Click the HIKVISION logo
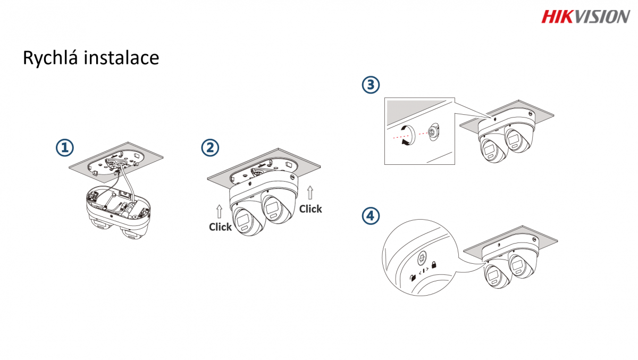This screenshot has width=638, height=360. coord(585,16)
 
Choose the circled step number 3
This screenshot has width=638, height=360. coord(371,85)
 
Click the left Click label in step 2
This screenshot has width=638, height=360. coord(220,227)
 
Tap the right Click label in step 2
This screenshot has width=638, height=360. coord(310,209)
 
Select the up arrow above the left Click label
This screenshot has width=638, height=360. coord(219,211)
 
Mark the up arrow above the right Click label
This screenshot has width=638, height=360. coord(310,192)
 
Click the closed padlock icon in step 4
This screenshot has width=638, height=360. coord(434,264)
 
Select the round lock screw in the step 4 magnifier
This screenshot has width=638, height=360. coord(421,258)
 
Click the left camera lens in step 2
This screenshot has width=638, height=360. coord(246,220)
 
